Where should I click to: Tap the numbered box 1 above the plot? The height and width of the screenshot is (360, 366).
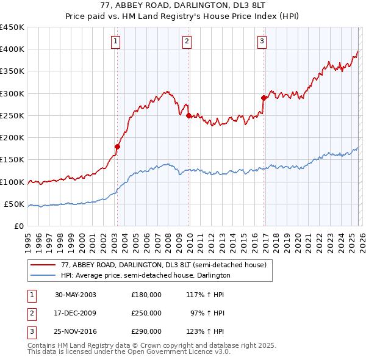(115, 41)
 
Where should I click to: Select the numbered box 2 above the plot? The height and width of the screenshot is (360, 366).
(187, 41)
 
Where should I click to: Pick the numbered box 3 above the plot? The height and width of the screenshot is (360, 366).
(262, 41)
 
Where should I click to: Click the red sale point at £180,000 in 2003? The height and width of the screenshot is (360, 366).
(118, 146)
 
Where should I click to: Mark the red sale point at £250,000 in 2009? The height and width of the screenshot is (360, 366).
(188, 115)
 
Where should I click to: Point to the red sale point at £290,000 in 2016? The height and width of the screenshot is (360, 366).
(264, 98)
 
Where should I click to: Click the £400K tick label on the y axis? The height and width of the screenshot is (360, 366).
(12, 49)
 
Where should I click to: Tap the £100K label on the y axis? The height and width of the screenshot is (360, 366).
(12, 182)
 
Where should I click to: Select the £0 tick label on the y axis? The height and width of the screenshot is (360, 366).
(18, 226)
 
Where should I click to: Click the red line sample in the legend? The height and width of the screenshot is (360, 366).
(44, 265)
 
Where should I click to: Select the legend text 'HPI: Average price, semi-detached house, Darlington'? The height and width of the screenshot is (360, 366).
(145, 275)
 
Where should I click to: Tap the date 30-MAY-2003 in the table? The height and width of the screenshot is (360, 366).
(76, 295)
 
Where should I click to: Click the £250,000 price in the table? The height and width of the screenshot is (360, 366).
(146, 313)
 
